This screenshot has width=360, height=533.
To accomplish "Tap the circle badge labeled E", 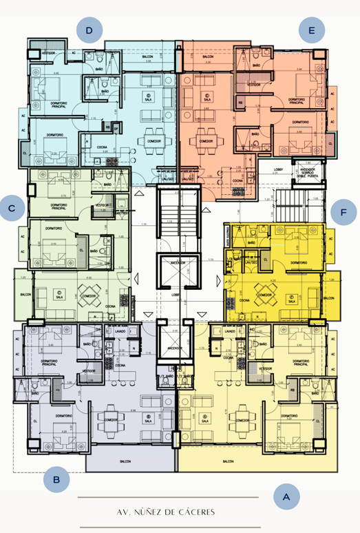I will pos(312,30).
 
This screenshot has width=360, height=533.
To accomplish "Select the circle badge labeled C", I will pos(12,207).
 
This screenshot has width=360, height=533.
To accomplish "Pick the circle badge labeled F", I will pos(343,212).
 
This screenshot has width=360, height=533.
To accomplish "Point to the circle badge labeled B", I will pos(56,479).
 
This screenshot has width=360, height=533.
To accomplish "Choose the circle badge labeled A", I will pos(286,497).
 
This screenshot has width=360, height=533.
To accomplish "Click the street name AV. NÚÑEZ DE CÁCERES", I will pos(166,512).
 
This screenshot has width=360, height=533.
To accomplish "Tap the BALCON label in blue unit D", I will pos(148,57).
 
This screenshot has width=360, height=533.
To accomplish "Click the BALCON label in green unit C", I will pos(25,295).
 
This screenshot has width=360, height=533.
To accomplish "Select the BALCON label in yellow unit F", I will pos(328,298).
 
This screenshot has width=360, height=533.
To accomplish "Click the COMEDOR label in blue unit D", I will pos(155,140).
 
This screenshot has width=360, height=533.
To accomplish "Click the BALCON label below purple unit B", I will pos(125,461).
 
